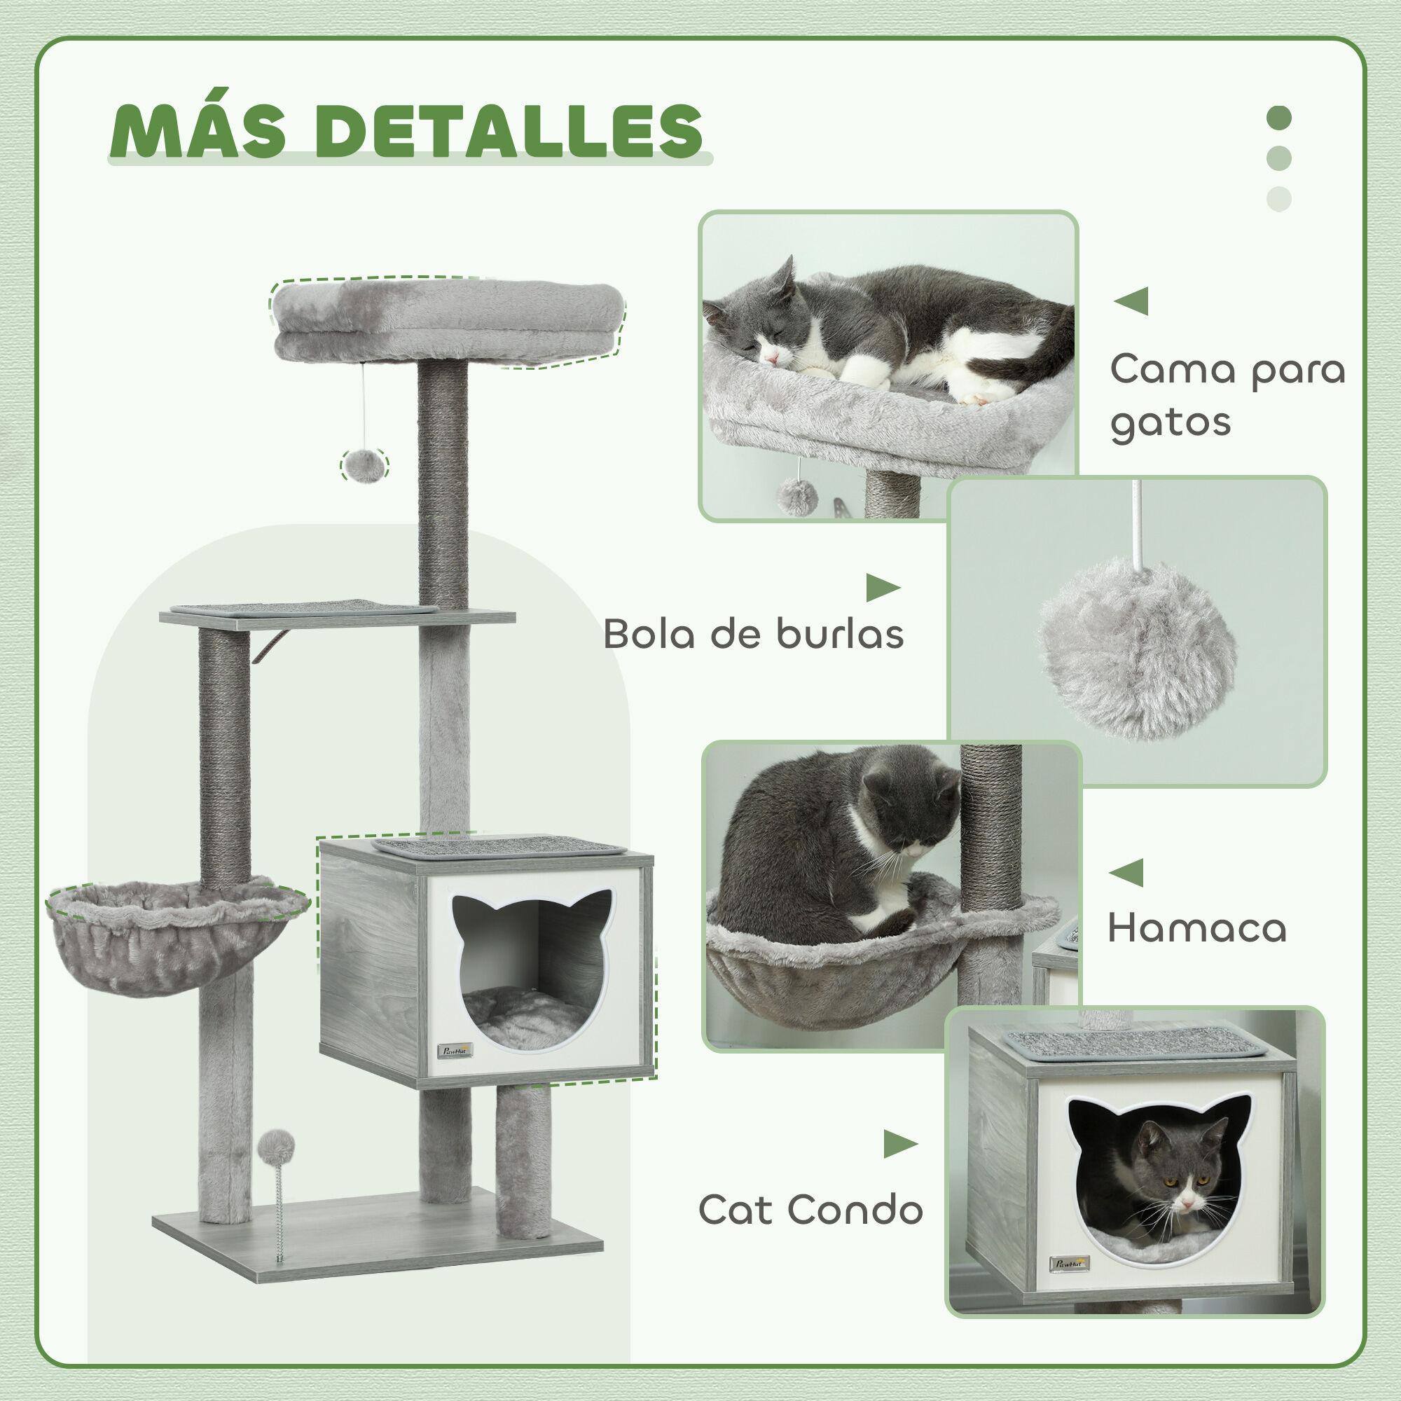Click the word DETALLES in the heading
point(509,131)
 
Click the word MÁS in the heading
point(199,131)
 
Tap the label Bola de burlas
point(753,635)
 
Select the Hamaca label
point(1196,929)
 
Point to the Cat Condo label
point(810,1210)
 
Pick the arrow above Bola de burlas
point(882,588)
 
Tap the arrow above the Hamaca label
point(1126,871)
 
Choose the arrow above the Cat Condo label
point(900,1145)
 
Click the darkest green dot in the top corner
point(1279,118)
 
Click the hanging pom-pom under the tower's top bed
point(364,465)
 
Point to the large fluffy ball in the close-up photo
point(1136,649)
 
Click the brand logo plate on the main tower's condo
point(455,1051)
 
